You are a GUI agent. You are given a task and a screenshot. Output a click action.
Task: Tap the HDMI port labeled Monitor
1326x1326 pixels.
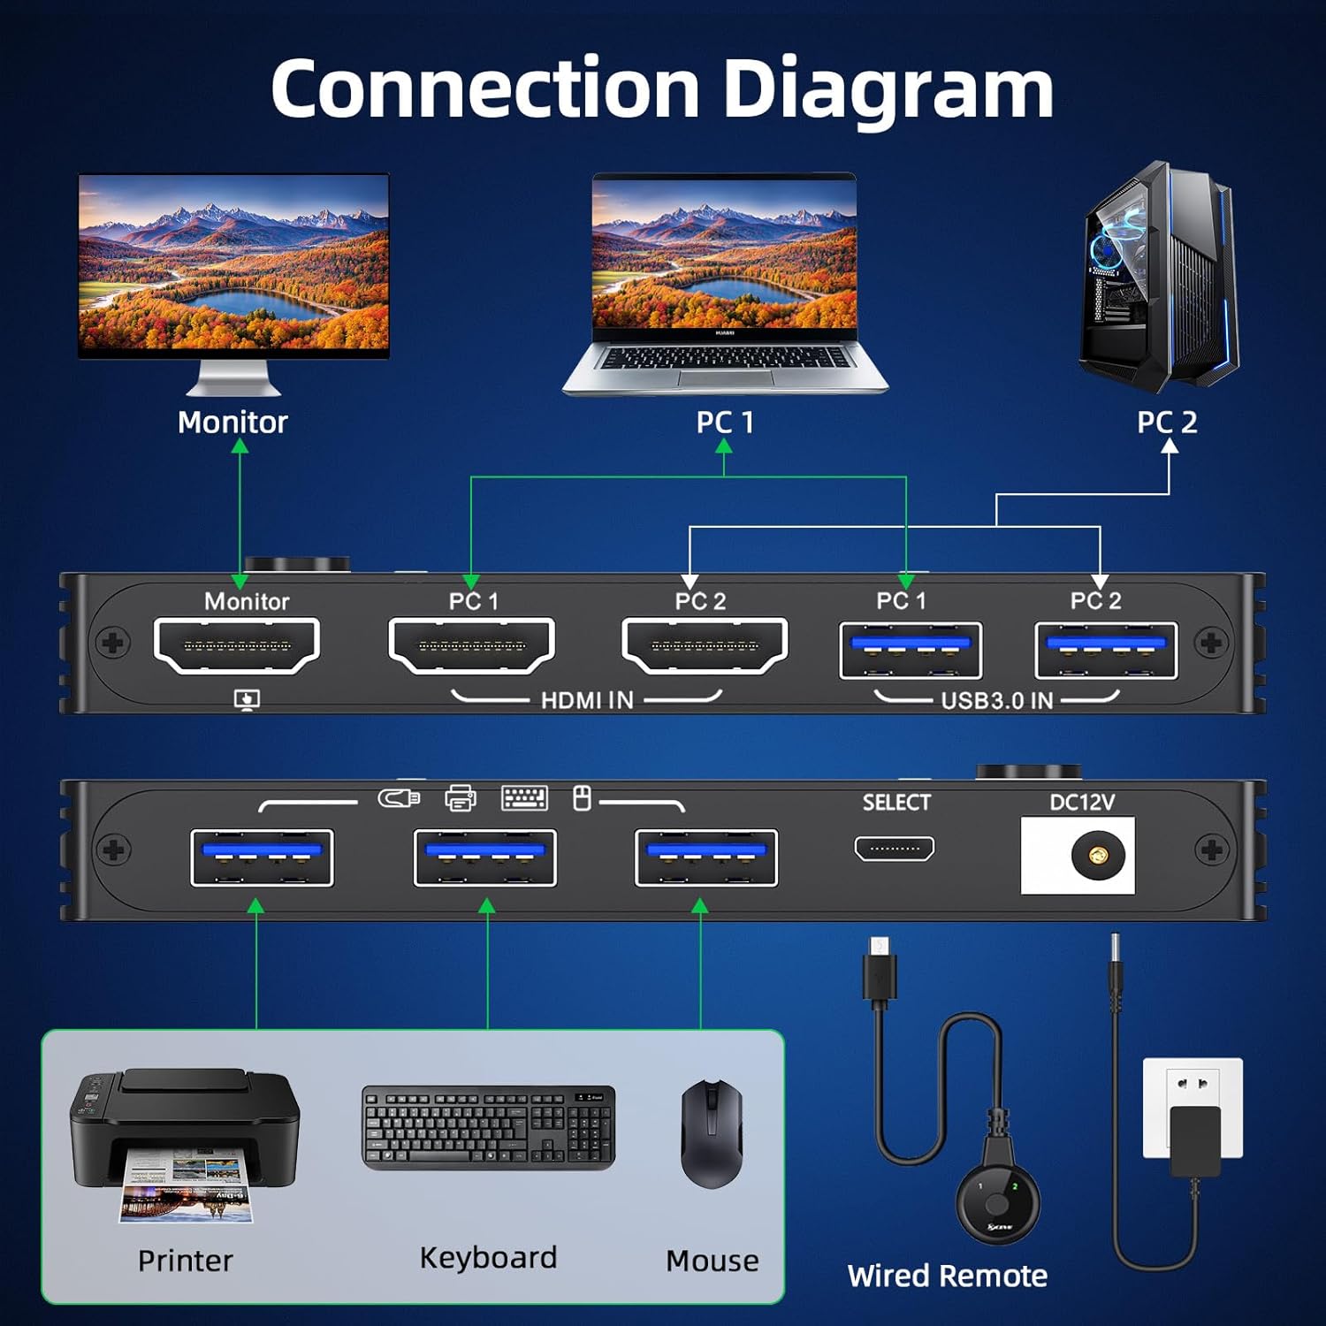point(237,645)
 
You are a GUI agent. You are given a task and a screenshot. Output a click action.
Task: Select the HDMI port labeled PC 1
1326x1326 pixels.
point(471,645)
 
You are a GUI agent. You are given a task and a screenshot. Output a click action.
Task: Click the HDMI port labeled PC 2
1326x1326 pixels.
point(705,645)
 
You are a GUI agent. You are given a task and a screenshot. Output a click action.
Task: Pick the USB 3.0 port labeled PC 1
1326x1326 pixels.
point(911,650)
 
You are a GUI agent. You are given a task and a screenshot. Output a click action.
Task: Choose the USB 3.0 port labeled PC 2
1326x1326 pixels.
point(1106,650)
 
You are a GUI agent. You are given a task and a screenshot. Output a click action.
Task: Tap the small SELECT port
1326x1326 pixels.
point(894,849)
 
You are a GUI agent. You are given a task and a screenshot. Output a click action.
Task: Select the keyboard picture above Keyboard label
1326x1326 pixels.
point(488,1127)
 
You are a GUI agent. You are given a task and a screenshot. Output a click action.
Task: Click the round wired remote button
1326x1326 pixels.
point(998,1203)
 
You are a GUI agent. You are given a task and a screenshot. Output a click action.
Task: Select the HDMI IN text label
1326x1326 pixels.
point(587,701)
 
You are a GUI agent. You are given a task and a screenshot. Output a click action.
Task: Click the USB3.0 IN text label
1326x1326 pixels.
point(996,701)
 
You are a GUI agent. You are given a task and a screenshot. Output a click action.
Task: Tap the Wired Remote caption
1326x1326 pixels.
point(947,1276)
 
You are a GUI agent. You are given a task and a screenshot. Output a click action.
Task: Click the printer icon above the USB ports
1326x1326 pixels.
point(460,798)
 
